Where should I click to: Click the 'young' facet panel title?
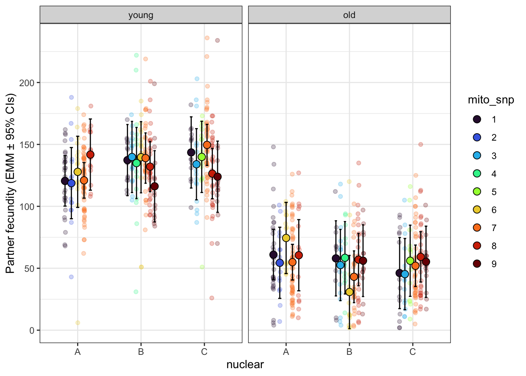click(141, 15)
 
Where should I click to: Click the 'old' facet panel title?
click(349, 15)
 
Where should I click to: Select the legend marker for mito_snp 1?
click(477, 119)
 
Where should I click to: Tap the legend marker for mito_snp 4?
click(477, 174)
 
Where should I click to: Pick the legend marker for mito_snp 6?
click(477, 210)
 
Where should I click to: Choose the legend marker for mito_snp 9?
click(477, 264)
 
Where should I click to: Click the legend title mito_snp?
click(491, 100)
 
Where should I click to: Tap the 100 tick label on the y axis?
click(27, 207)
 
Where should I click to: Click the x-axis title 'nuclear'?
click(245, 365)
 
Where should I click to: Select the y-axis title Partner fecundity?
click(10, 183)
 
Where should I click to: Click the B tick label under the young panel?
click(141, 352)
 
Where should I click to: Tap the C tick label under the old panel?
click(413, 352)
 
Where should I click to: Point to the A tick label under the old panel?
click(286, 352)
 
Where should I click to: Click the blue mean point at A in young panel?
click(71, 183)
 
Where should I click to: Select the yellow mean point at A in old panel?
click(286, 238)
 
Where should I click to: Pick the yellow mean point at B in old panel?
click(349, 292)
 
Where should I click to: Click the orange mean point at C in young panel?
click(207, 145)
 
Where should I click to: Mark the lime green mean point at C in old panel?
click(410, 261)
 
